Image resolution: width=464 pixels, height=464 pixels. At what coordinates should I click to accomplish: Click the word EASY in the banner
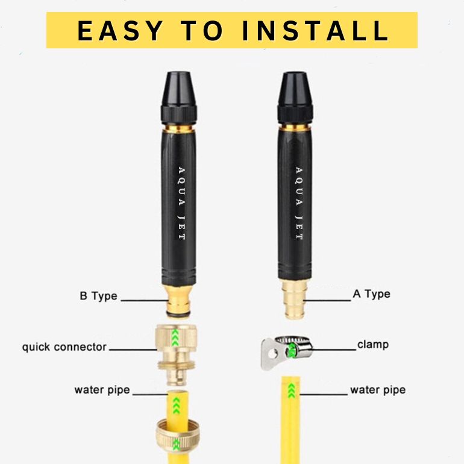(119, 31)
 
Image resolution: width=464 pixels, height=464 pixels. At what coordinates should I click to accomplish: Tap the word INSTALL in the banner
(315, 31)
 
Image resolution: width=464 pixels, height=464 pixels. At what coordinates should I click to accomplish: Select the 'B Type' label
(98, 296)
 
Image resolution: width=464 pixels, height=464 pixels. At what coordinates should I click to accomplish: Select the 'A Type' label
(371, 294)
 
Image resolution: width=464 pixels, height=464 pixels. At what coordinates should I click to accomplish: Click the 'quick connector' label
(64, 347)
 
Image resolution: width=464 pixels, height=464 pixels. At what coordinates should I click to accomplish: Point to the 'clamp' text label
(373, 345)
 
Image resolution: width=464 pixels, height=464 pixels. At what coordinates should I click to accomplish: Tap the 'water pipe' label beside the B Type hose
(102, 390)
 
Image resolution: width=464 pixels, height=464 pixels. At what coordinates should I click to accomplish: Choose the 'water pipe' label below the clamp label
(378, 390)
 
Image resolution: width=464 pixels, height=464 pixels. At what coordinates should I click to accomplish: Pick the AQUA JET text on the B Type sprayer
(181, 203)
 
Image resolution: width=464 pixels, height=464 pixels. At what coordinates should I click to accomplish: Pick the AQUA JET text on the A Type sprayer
(299, 203)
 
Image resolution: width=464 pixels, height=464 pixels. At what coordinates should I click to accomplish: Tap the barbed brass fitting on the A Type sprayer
(295, 299)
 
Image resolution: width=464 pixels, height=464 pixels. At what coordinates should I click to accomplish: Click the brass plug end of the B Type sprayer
(178, 301)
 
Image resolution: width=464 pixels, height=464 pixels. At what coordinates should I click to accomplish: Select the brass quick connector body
(177, 354)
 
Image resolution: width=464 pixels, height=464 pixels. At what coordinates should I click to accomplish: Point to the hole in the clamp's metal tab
(274, 353)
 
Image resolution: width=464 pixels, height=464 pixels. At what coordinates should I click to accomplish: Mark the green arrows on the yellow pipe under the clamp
(292, 390)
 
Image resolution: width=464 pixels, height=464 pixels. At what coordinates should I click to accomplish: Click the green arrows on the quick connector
(175, 337)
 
